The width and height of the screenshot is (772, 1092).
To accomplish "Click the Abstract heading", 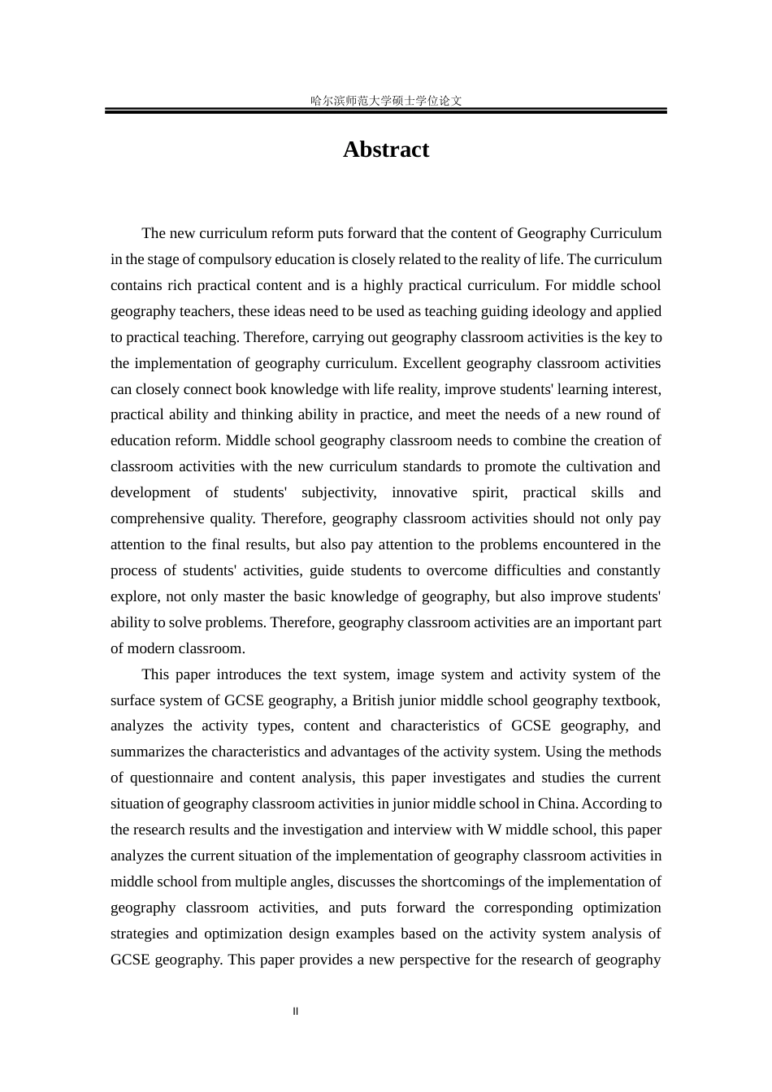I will [385, 149].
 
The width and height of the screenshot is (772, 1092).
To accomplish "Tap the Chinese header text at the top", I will [386, 101].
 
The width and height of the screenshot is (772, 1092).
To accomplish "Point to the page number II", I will [296, 1012].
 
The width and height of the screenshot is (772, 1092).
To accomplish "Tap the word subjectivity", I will [338, 492].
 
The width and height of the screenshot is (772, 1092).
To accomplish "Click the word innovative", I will [424, 492].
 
